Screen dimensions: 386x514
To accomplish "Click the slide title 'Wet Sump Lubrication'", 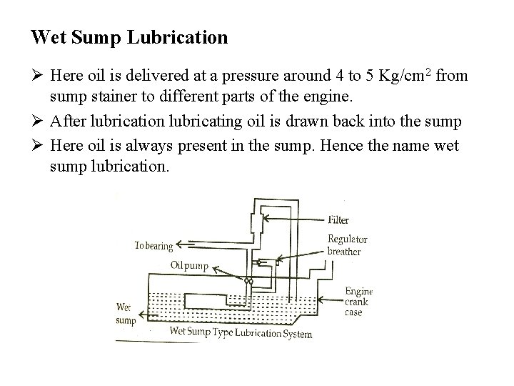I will (x=129, y=37).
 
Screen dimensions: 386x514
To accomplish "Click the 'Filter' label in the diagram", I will (x=339, y=219).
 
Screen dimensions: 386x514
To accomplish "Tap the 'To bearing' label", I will (x=154, y=246).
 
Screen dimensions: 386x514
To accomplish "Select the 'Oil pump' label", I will (x=188, y=265).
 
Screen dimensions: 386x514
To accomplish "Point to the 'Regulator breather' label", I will (x=347, y=245).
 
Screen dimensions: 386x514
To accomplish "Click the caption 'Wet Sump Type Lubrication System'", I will (x=241, y=332).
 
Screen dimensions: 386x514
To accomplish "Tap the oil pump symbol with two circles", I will (x=248, y=281).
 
